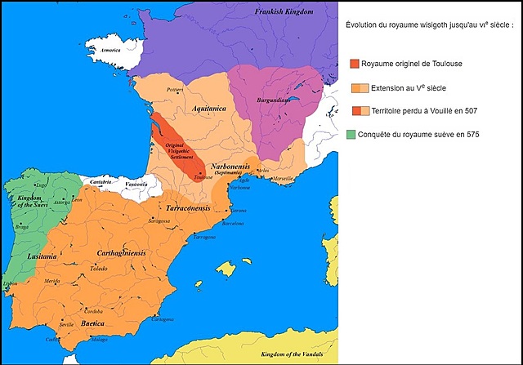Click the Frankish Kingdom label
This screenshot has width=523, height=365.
pos(284,13)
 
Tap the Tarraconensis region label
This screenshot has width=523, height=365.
pos(189,209)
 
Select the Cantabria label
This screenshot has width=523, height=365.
pos(101,181)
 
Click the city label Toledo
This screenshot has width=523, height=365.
pos(98,268)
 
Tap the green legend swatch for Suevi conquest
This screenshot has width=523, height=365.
pos(351,134)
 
